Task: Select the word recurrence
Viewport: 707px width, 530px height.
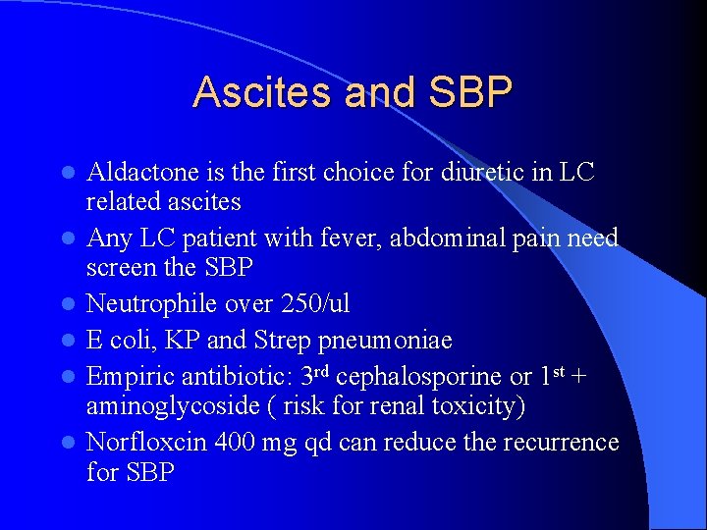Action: point(561,442)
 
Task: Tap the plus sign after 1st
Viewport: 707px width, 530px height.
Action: point(580,377)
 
